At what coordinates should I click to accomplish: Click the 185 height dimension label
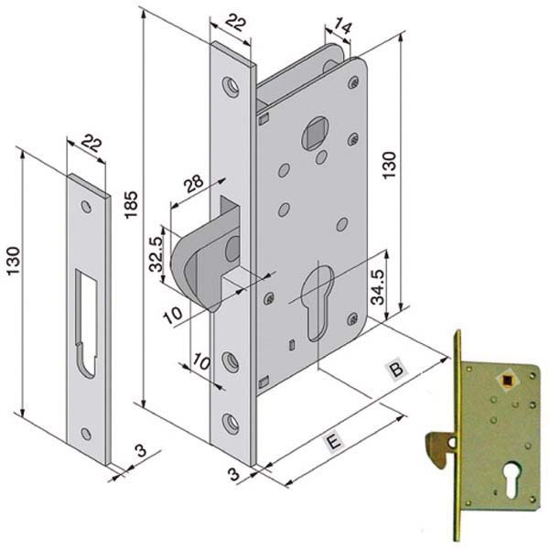pyautogui.click(x=131, y=203)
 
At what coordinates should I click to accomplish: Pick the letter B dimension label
pyautogui.click(x=396, y=371)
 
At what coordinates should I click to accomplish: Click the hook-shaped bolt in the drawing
pyautogui.click(x=200, y=264)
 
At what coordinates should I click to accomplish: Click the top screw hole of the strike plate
pyautogui.click(x=86, y=208)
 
